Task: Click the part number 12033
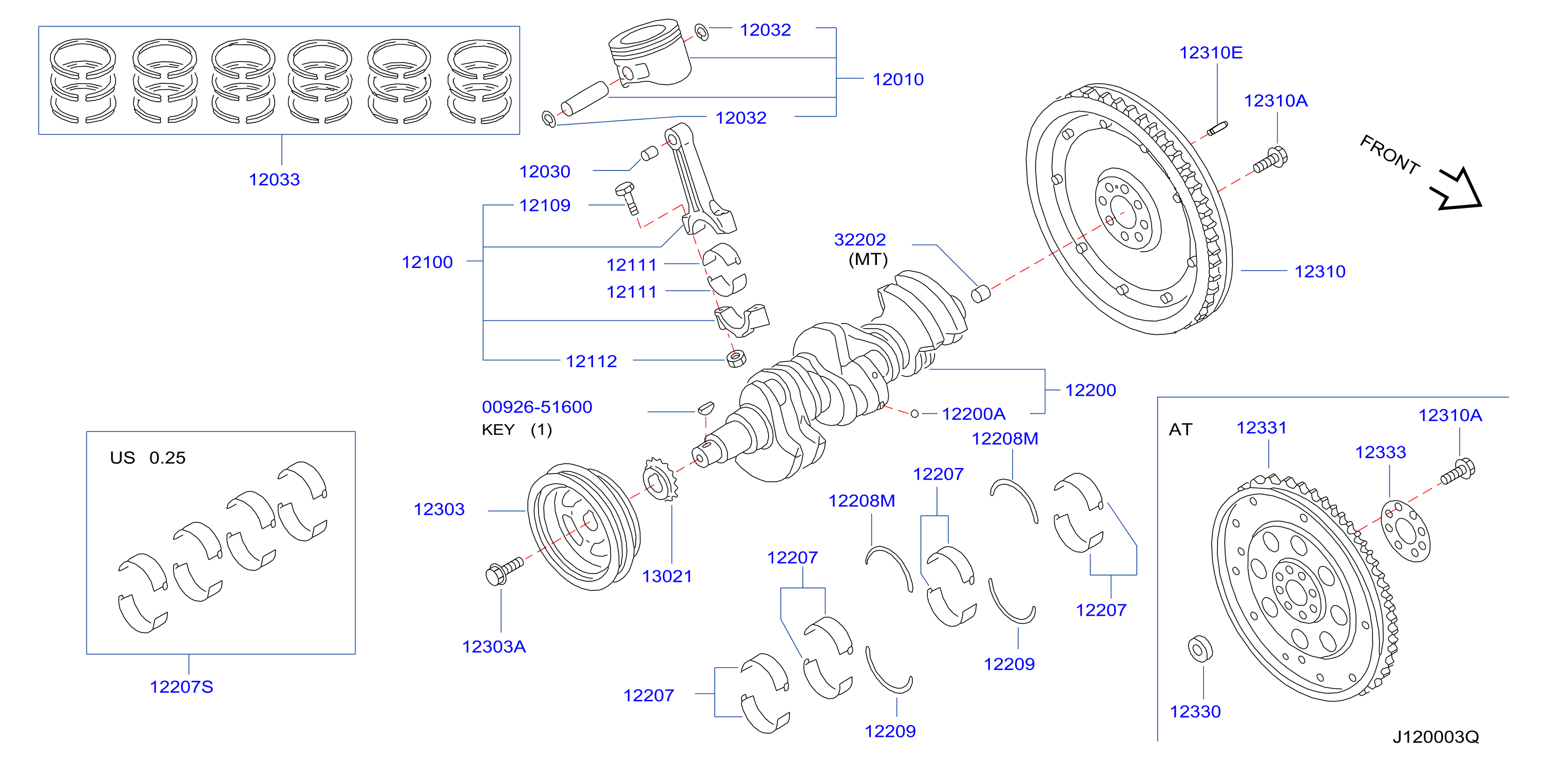[274, 179]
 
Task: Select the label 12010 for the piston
[898, 79]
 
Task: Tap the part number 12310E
[1211, 52]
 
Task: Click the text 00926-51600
[537, 407]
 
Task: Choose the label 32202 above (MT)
[860, 239]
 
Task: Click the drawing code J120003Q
[1436, 736]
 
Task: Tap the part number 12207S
[181, 687]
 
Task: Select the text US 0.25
[148, 458]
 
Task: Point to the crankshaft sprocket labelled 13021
[660, 479]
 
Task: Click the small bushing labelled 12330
[1200, 649]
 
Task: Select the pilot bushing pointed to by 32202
[981, 293]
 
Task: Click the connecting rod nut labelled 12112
[736, 358]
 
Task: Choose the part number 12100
[427, 262]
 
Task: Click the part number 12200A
[973, 413]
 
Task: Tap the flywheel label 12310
[1320, 271]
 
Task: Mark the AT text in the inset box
[1180, 429]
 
